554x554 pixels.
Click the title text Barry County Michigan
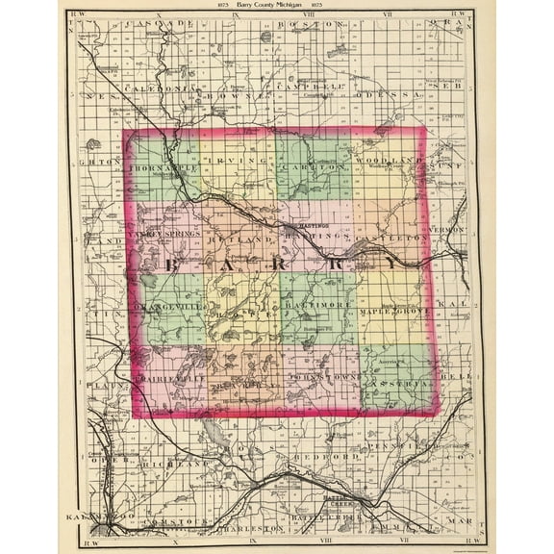(276, 6)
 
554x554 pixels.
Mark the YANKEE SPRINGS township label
(165, 234)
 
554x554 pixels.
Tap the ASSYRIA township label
(392, 381)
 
